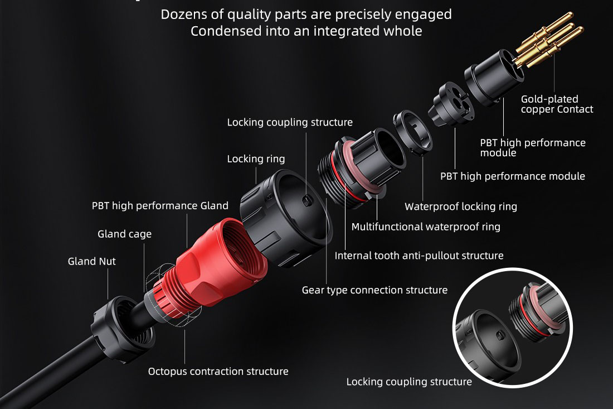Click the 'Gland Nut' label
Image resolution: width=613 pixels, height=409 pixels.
[92, 261]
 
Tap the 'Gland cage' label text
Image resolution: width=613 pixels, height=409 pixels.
[124, 234]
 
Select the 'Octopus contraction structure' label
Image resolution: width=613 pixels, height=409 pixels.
[218, 371]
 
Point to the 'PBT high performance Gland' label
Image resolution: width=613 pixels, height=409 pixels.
[160, 206]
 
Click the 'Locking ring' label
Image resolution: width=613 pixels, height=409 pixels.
[256, 159]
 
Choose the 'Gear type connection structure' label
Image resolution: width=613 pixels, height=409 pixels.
[374, 290]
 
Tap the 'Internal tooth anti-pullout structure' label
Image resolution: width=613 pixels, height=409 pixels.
[419, 256]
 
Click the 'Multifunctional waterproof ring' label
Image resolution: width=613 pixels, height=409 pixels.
[426, 227]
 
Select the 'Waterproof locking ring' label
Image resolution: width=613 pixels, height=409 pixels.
[460, 206]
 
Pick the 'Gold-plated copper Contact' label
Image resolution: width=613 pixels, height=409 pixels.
[557, 104]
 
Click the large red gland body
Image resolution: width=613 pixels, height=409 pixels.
[215, 257]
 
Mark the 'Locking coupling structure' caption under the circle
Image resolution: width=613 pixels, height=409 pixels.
[408, 382]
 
